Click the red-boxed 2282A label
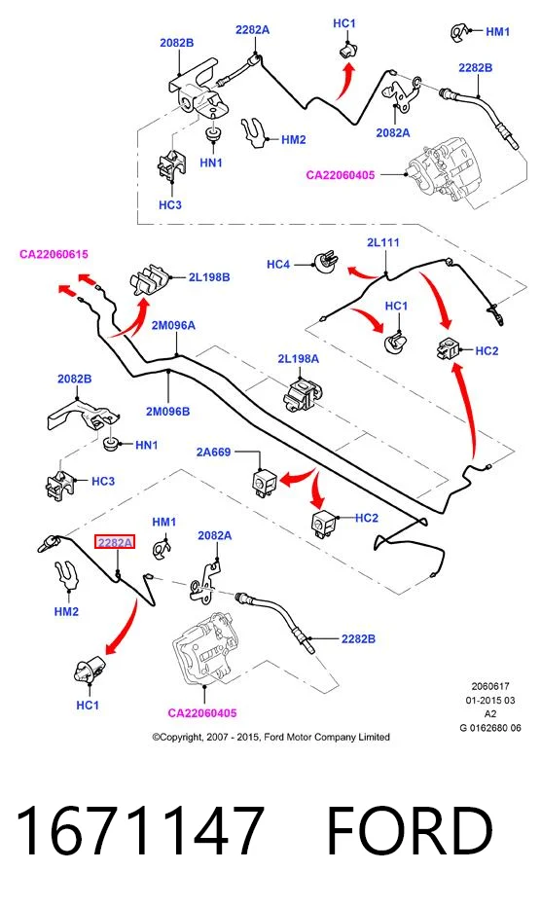(x=115, y=543)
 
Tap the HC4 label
(x=277, y=265)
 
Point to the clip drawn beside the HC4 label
(x=326, y=262)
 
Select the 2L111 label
(x=383, y=242)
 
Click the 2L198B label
(x=209, y=277)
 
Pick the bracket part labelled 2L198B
(x=150, y=280)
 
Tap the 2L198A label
(x=298, y=359)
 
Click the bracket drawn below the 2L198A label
(x=302, y=394)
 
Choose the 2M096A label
(x=173, y=325)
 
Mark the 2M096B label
(x=167, y=412)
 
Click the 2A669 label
(x=213, y=452)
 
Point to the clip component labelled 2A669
(x=265, y=482)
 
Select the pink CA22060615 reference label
(x=54, y=254)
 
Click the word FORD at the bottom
(x=410, y=830)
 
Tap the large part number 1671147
(x=141, y=830)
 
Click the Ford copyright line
(x=270, y=737)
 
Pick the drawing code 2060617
(x=490, y=686)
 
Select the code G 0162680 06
(x=490, y=728)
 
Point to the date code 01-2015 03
(x=490, y=700)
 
